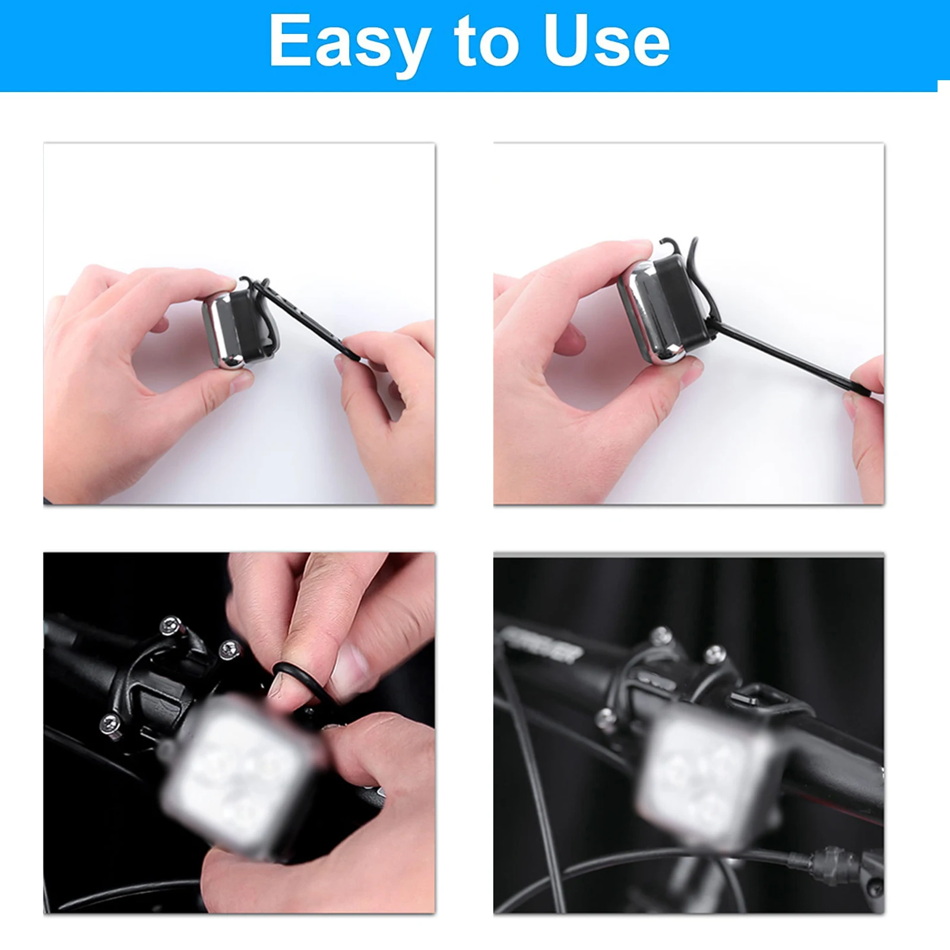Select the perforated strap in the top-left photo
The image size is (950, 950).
pyautogui.click(x=303, y=318)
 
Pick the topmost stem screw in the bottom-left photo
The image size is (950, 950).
pyautogui.click(x=172, y=625)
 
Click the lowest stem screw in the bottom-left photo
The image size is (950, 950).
pyautogui.click(x=110, y=723)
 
